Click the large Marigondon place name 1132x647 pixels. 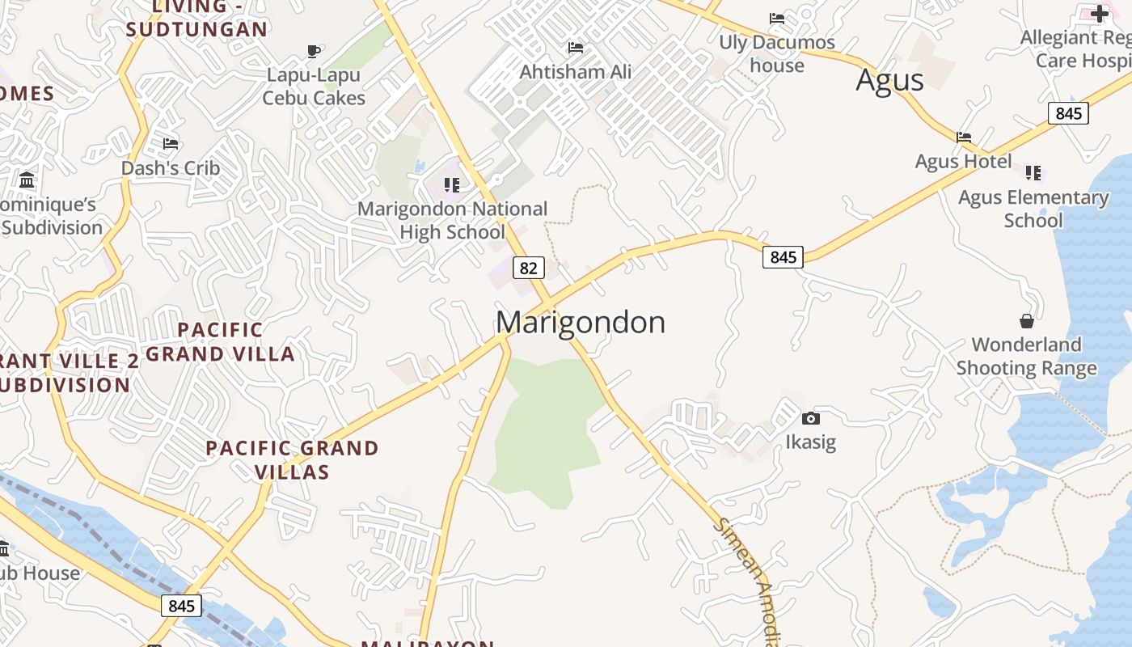[580, 322]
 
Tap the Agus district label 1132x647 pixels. [889, 80]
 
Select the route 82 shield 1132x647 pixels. [528, 268]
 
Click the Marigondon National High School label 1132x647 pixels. [453, 220]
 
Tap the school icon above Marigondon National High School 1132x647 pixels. [452, 185]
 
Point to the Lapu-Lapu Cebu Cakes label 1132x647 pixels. [314, 87]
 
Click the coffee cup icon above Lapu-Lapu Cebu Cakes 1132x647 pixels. [314, 52]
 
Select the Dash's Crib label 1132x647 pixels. [171, 168]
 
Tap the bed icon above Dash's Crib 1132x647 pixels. [171, 144]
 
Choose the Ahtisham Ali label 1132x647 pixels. [575, 72]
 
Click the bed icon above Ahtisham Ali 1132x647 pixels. [575, 48]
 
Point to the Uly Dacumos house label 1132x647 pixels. [777, 53]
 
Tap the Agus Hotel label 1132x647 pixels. [963, 161]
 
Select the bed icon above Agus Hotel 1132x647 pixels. [964, 137]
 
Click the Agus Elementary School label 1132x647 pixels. [1033, 209]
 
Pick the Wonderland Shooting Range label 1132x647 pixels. [1026, 356]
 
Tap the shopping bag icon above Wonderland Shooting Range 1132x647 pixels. [1026, 321]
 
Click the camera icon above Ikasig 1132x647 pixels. [810, 418]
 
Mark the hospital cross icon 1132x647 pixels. [1100, 13]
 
